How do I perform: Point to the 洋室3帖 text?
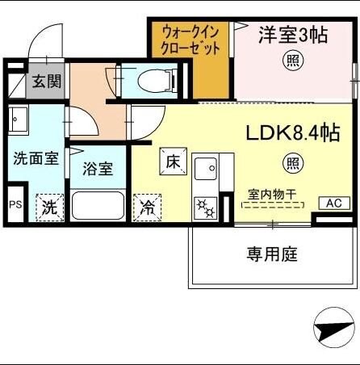(293, 35)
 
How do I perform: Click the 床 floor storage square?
(173, 162)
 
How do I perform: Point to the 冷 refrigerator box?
(148, 207)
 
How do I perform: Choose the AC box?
(333, 203)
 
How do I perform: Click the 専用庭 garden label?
(272, 254)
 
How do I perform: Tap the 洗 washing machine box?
(49, 207)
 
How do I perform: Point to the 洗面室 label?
(36, 159)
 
